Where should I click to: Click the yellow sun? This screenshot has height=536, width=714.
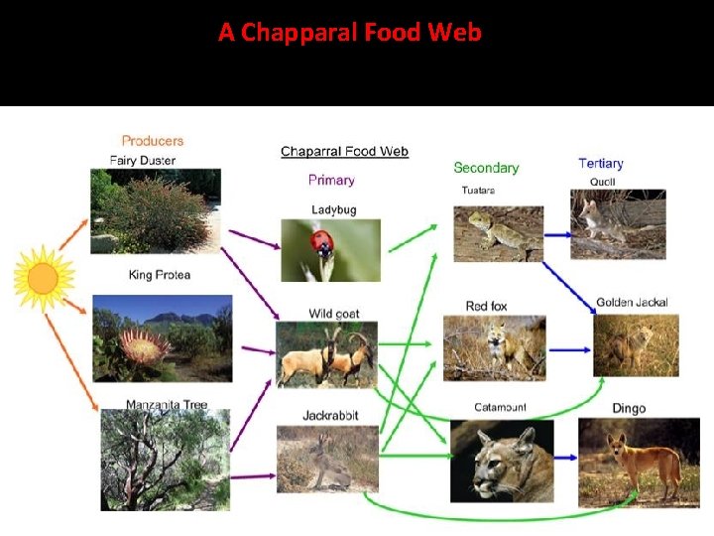tap(43, 278)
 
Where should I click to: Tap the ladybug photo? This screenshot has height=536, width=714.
tap(330, 250)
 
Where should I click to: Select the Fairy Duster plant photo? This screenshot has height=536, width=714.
tap(155, 211)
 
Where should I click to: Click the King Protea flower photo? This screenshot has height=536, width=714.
tap(163, 338)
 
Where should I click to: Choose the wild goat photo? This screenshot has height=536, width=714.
tap(326, 354)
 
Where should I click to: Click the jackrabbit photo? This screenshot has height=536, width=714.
tap(327, 458)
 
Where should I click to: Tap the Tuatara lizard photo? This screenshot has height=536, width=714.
tap(498, 233)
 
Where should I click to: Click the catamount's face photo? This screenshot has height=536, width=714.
tap(502, 461)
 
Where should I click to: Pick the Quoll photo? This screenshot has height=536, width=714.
tap(618, 223)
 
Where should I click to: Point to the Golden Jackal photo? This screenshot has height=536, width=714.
tap(636, 344)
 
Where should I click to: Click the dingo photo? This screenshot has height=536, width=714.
tap(639, 461)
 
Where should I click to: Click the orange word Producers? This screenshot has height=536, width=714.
tap(153, 141)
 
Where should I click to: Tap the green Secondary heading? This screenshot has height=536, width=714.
tap(486, 168)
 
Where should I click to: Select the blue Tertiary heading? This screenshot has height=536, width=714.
tap(601, 163)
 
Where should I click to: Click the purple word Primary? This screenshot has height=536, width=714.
tap(331, 180)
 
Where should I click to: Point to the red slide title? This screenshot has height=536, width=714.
tap(350, 33)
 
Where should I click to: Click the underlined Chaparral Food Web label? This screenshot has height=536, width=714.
tap(344, 152)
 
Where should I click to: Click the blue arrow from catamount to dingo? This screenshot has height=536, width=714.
tap(566, 458)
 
